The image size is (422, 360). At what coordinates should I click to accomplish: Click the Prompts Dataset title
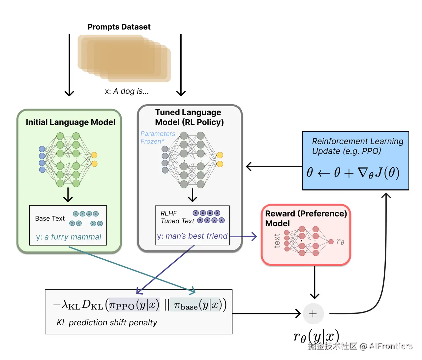[119, 27]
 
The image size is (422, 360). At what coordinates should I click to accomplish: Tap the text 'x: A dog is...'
[127, 91]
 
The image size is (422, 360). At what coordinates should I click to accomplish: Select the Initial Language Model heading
[71, 122]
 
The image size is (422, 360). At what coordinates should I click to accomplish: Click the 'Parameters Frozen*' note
[158, 138]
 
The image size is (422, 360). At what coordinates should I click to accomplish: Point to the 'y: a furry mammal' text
[69, 237]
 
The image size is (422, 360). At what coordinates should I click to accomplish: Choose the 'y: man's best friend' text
[192, 236]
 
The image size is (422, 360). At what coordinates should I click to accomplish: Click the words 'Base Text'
[50, 218]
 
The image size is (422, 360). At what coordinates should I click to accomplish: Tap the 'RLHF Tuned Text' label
[177, 217]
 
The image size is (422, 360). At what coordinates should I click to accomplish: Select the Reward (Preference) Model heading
[306, 218]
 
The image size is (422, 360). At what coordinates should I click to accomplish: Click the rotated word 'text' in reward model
[277, 241]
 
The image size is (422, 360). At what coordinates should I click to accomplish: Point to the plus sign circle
[313, 313]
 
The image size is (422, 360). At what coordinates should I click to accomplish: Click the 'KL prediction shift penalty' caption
[107, 322]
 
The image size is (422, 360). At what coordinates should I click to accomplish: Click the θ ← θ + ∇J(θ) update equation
[353, 173]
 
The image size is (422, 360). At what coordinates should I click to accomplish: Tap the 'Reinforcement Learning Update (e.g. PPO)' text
[357, 146]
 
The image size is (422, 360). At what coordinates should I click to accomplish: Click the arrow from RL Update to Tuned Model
[274, 167]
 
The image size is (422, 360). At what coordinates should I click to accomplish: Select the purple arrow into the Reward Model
[243, 236]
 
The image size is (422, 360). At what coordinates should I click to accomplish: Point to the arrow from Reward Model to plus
[315, 282]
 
